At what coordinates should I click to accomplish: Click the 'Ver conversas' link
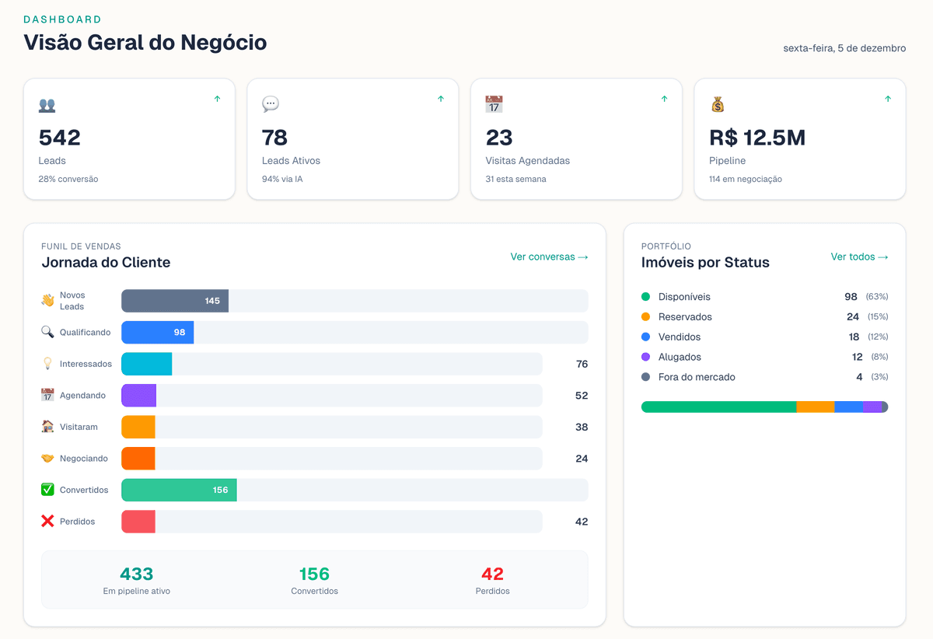click(549, 257)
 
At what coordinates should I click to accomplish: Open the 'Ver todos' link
click(859, 257)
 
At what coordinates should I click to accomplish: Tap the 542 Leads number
click(60, 138)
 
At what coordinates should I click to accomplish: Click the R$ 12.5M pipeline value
click(757, 138)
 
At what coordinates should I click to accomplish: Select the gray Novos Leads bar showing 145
click(174, 301)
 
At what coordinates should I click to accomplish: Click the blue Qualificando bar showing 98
click(157, 333)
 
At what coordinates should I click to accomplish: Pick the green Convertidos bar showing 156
click(179, 490)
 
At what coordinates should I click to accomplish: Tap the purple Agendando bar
click(138, 395)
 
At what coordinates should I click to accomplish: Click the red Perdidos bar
click(138, 522)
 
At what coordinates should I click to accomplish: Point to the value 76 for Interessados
click(582, 364)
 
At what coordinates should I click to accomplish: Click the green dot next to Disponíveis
click(645, 297)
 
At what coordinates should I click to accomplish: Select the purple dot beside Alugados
click(645, 357)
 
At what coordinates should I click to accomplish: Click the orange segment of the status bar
click(815, 407)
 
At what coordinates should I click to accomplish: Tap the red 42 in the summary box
click(492, 574)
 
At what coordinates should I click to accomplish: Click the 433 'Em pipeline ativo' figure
click(136, 574)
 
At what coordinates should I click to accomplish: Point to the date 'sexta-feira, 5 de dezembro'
click(844, 48)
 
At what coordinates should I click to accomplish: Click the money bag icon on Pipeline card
click(718, 104)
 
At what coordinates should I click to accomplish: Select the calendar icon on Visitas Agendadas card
click(494, 104)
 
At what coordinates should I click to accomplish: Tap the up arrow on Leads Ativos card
click(441, 99)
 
